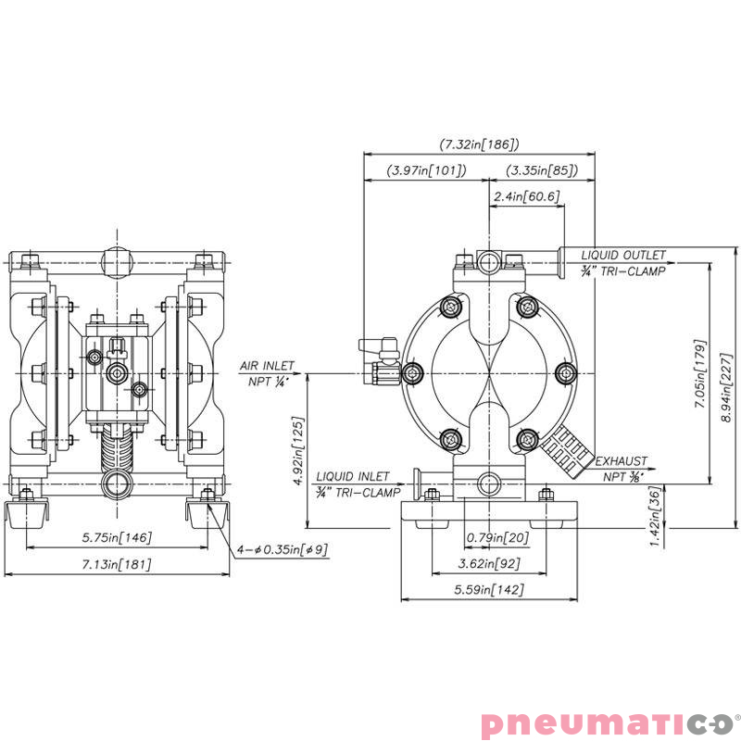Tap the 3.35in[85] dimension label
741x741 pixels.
[542, 171]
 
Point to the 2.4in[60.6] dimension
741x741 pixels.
[526, 196]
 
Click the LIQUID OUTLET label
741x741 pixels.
[622, 255]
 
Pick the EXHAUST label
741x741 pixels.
[621, 460]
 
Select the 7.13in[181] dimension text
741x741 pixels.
[119, 564]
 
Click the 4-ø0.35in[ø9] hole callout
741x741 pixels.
[282, 549]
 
